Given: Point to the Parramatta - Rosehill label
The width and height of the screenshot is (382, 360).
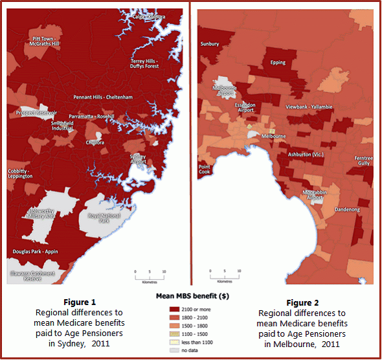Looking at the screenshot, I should pos(93,117).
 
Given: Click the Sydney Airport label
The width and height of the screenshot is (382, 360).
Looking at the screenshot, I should pos(138,159).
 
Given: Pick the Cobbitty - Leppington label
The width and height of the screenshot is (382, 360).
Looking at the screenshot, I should pos(21,174).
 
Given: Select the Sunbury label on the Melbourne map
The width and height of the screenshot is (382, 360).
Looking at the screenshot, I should pos(210,44).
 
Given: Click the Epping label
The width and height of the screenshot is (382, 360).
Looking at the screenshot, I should pos(278,63).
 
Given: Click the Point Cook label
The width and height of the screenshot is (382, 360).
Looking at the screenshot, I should pos(205,170).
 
